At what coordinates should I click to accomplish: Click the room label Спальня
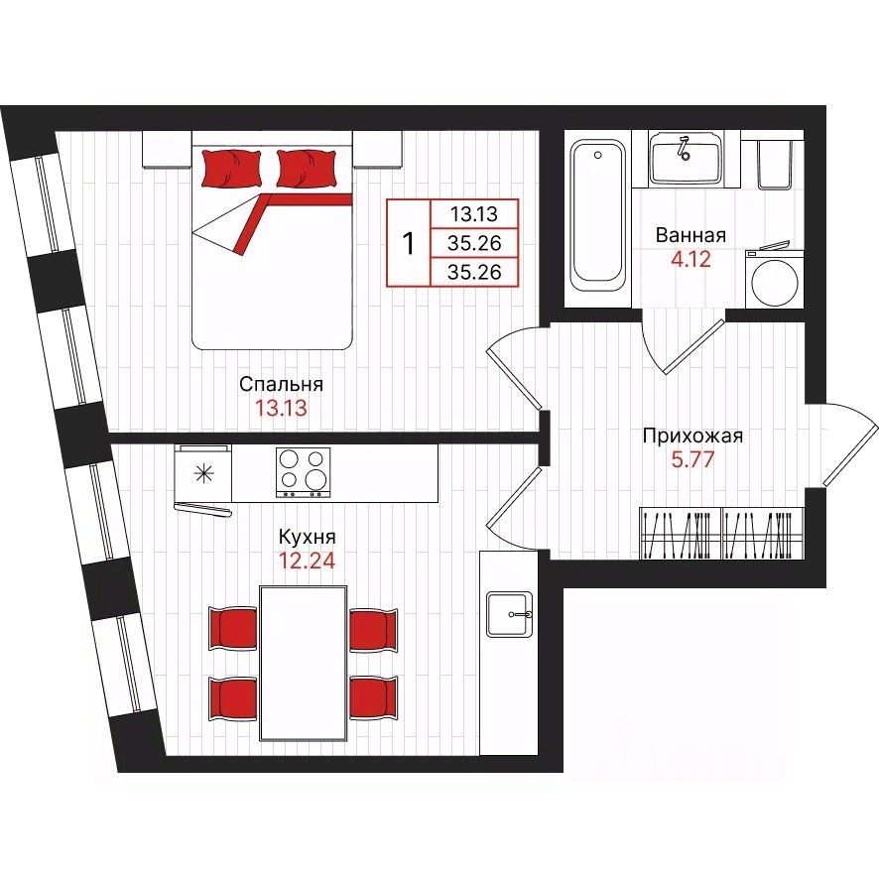coord(281,385)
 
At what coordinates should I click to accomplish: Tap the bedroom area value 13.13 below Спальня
coord(281,408)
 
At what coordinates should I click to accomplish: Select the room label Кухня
coord(308,537)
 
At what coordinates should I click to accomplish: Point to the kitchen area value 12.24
coord(308,561)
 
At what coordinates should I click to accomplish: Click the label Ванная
coord(691,235)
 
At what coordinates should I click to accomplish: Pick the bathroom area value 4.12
coord(691,259)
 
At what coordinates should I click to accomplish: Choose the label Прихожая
coord(692,436)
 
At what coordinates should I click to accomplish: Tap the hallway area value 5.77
coord(692,459)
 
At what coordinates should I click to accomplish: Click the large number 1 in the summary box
coord(409,244)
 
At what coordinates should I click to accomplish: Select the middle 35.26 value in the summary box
coord(474,243)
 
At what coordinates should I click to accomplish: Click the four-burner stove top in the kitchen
coord(304,472)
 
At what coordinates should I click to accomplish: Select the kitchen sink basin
coord(509,614)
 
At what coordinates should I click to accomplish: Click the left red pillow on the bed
coord(231,168)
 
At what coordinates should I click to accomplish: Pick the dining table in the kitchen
coord(303,663)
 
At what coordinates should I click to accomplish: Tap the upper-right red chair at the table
coord(374,630)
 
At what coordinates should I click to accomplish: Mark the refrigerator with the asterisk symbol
coord(203,473)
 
